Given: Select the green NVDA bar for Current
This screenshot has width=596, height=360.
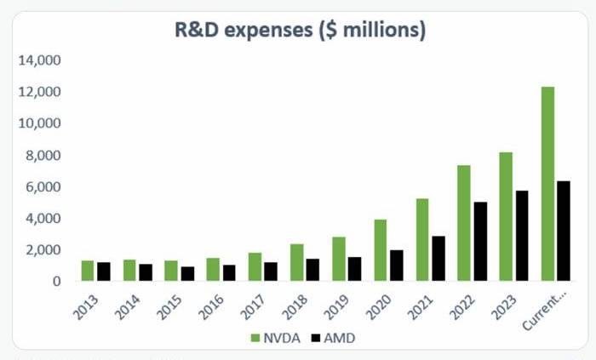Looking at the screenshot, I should pos(547,184).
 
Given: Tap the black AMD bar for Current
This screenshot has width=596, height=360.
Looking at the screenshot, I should pos(563,231).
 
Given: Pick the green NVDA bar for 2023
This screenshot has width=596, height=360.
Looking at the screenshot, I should pos(506,216).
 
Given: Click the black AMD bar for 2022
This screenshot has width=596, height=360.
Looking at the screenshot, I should pos(479,241).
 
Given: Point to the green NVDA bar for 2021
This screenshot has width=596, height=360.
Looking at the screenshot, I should pos(421,239).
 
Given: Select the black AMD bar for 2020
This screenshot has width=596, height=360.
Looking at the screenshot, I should pos(396,265).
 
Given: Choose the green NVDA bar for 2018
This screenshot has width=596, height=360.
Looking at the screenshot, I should pos(296,262).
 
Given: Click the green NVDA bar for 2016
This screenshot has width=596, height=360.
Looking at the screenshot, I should pos(213,269).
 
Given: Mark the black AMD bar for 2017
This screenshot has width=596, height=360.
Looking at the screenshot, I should pos(271,271).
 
